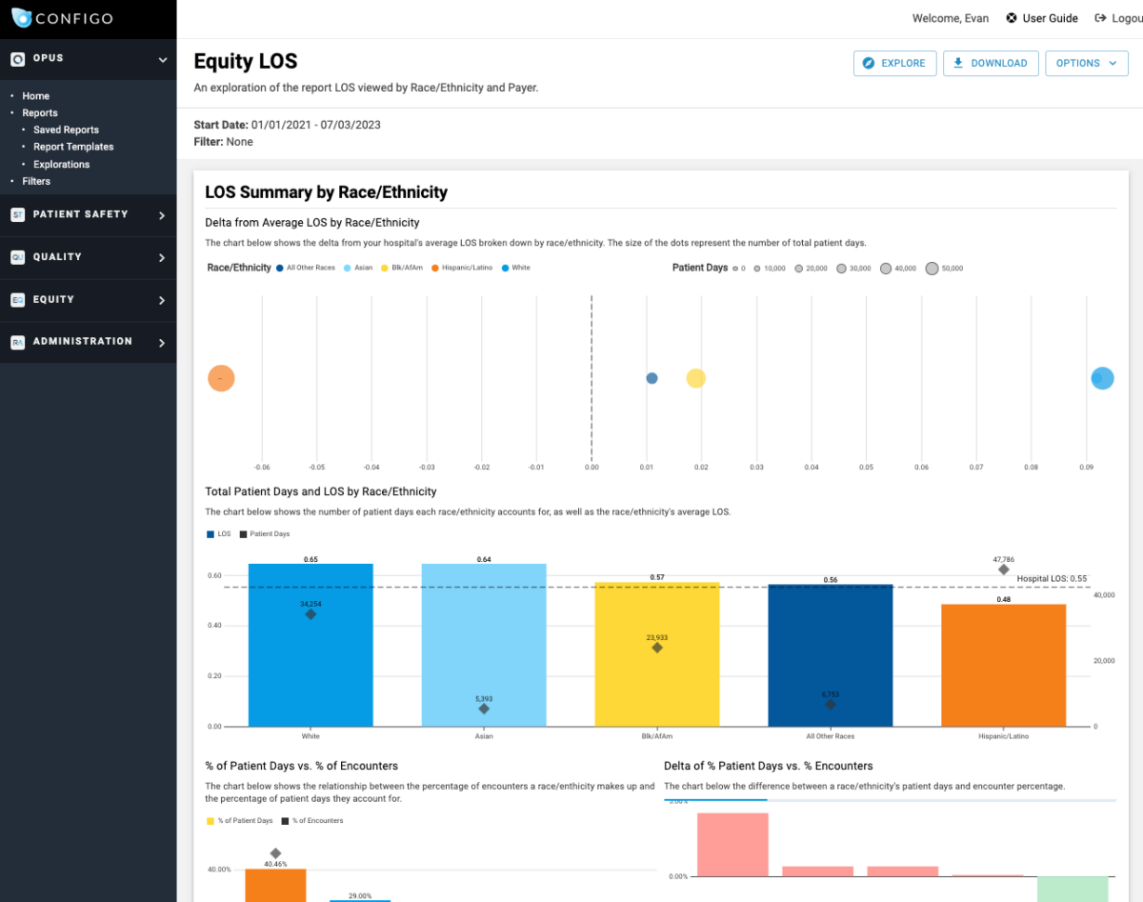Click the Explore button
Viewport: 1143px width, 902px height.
click(x=894, y=63)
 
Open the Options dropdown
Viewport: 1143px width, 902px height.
click(x=1086, y=63)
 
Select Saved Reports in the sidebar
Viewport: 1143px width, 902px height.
click(x=66, y=130)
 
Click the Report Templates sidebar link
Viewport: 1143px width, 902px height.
click(x=73, y=147)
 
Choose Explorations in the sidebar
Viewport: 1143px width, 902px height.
click(x=61, y=164)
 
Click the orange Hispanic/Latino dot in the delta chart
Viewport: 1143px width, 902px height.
click(x=221, y=378)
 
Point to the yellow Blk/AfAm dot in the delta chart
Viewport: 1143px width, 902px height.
click(x=696, y=378)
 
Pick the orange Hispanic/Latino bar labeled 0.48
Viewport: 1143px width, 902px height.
click(x=1003, y=667)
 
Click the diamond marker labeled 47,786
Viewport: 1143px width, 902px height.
click(x=1003, y=569)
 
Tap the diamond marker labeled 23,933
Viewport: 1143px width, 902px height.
click(x=657, y=648)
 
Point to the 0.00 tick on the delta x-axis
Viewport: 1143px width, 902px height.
click(x=592, y=468)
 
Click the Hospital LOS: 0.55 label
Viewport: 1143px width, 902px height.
click(x=1052, y=578)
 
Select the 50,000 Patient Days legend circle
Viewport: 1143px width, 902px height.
click(x=932, y=269)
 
